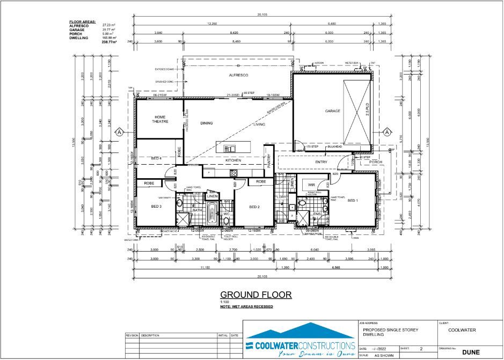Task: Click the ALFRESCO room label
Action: click(238, 76)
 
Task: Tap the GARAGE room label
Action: click(333, 111)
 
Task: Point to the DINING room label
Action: click(207, 123)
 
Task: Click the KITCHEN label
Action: click(233, 160)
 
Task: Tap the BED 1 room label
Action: click(353, 201)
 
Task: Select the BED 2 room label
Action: click(254, 207)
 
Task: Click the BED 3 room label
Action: click(156, 206)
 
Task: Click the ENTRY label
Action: click(322, 161)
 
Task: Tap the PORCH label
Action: click(376, 161)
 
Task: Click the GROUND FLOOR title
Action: click(256, 295)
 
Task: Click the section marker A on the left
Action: click(120, 132)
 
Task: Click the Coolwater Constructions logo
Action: click(300, 341)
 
